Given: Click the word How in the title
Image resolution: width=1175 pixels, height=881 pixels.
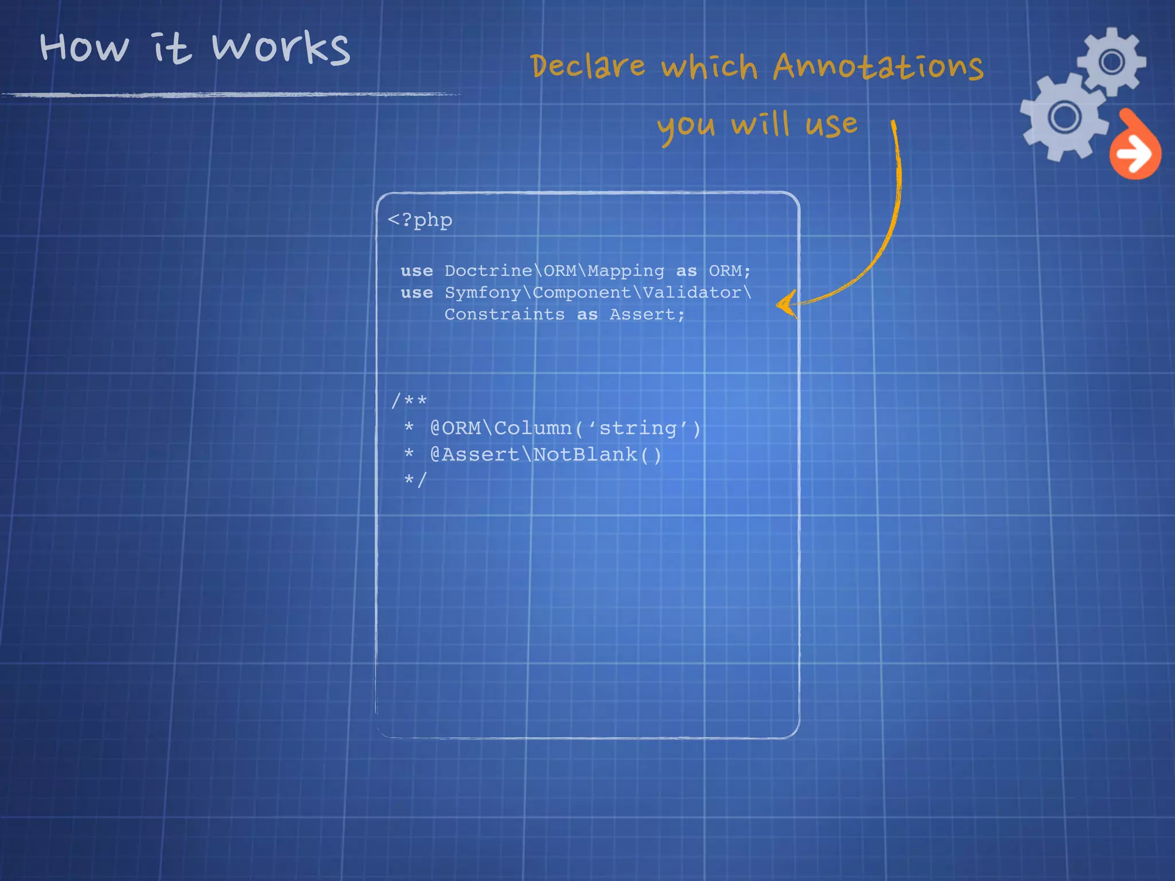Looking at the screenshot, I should tap(84, 47).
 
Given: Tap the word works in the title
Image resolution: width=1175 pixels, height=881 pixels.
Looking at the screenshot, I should tap(281, 48).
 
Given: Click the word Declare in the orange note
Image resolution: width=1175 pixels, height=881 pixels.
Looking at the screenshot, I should tap(587, 66).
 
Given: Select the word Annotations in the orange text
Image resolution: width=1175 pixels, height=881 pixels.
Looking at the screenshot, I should tap(878, 67).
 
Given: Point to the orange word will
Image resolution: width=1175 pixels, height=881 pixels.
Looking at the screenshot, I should tap(761, 124).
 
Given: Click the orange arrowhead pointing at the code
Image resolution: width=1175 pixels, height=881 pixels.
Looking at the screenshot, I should tap(786, 303).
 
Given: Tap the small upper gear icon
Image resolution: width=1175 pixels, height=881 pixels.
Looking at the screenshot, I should tap(1111, 61).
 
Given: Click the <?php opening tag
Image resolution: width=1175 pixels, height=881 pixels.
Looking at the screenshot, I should tap(420, 220).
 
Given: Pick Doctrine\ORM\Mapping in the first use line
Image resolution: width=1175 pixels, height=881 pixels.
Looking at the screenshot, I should tap(554, 271).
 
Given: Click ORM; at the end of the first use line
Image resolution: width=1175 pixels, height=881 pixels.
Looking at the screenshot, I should tap(729, 271).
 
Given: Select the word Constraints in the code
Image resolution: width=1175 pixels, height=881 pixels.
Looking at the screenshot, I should tap(504, 314).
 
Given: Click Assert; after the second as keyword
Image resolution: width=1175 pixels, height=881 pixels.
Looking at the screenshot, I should tap(647, 314).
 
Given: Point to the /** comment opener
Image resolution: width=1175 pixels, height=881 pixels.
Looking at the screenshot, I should tap(409, 400).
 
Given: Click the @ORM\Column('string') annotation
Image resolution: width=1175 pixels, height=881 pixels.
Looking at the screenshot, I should tap(565, 428).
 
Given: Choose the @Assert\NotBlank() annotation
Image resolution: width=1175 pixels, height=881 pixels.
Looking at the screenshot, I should tap(546, 454).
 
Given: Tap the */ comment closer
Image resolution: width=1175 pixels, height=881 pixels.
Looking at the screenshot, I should tap(415, 480).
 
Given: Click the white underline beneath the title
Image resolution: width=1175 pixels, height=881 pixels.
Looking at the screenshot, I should tap(229, 95).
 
